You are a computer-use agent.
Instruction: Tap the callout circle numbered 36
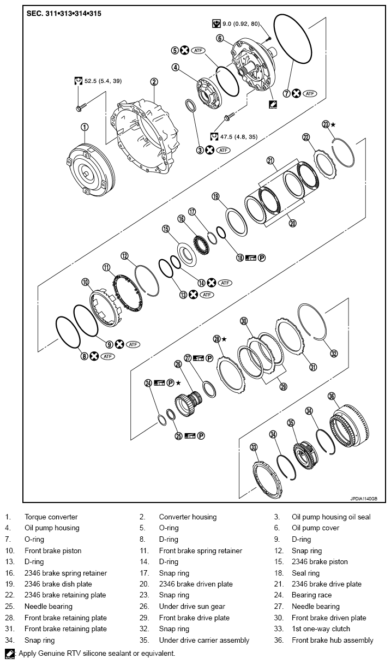click(332, 396)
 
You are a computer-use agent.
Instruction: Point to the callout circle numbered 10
click(85, 282)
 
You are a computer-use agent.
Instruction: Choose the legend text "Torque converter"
click(51, 517)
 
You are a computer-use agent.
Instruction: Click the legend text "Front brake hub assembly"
click(332, 640)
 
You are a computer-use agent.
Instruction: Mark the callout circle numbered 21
click(270, 160)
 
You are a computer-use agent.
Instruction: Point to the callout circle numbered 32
click(334, 354)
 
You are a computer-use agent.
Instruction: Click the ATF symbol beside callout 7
click(310, 93)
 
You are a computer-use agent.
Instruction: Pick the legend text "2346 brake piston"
click(319, 561)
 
